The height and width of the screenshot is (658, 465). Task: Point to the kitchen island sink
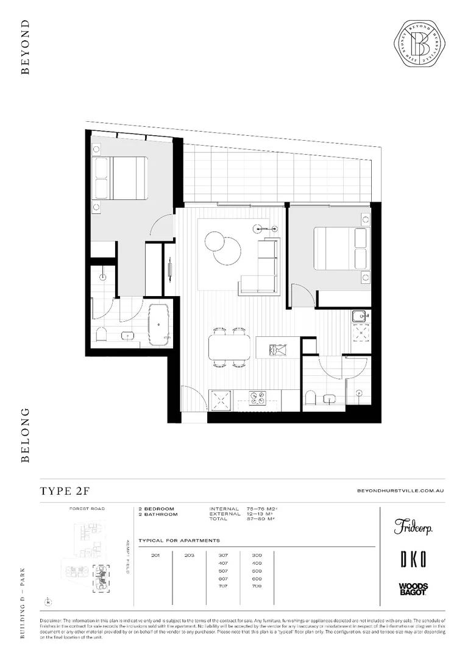pyautogui.click(x=279, y=350)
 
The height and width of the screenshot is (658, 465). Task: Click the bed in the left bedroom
pyautogui.click(x=120, y=178)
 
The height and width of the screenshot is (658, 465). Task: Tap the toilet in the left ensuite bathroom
pyautogui.click(x=101, y=334)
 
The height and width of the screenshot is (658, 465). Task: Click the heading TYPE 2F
pyautogui.click(x=65, y=491)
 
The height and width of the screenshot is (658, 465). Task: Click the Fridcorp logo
pyautogui.click(x=413, y=526)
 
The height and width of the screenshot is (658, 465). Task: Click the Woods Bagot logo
pyautogui.click(x=413, y=589)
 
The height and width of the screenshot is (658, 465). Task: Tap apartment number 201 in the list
pyautogui.click(x=155, y=555)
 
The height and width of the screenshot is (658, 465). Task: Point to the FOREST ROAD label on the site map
pyautogui.click(x=87, y=508)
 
